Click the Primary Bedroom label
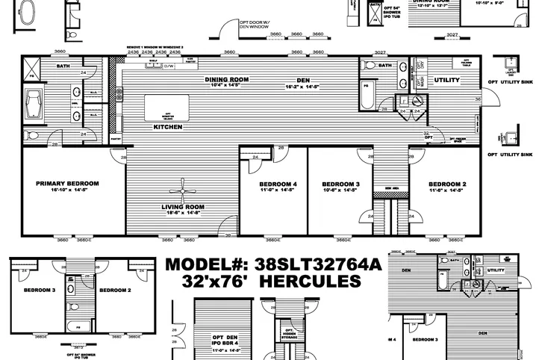[67, 182]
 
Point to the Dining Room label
[227, 78]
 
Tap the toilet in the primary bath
[31, 136]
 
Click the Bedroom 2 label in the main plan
[448, 183]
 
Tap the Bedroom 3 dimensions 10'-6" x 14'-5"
[340, 191]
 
